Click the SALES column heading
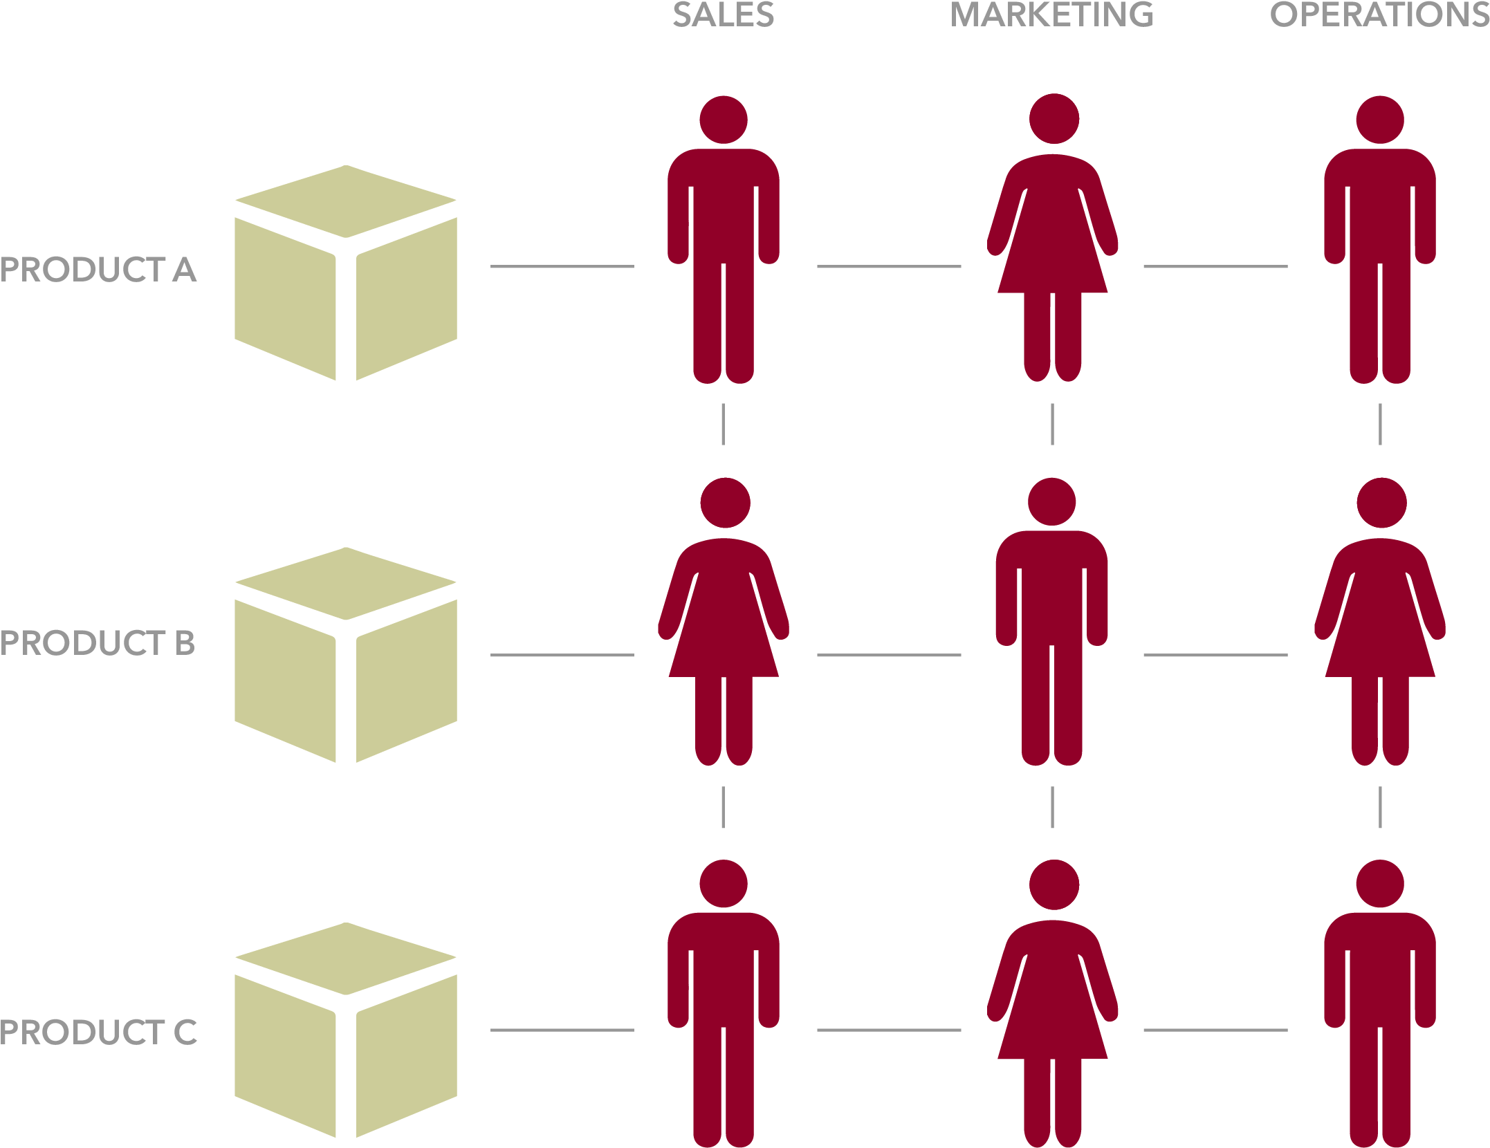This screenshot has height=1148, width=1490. click(x=723, y=15)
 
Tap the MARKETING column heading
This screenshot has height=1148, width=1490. click(x=1051, y=15)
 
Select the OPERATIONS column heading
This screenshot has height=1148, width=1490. click(x=1379, y=15)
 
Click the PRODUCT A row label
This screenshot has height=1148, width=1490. click(x=98, y=270)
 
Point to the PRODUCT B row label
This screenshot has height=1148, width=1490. click(x=98, y=643)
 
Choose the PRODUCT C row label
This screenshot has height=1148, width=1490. click(x=98, y=1033)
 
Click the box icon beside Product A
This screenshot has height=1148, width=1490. click(x=346, y=273)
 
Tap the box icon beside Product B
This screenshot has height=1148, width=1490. click(x=346, y=655)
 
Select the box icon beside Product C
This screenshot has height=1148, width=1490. click(x=346, y=1030)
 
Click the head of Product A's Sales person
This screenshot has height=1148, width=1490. click(x=724, y=120)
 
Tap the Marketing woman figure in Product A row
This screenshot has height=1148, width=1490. click(x=1053, y=242)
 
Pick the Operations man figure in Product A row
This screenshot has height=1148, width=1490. click(x=1380, y=242)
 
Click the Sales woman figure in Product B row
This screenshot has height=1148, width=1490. click(x=724, y=622)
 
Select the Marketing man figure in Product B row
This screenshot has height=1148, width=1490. click(x=1051, y=622)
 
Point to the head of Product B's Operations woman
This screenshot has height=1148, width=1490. click(x=1381, y=503)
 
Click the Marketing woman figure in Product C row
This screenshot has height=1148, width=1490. click(x=1053, y=1003)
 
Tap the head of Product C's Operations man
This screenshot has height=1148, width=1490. click(x=1380, y=884)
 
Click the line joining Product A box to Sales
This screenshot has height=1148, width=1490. click(x=562, y=266)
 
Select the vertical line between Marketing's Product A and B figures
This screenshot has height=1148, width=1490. click(x=1052, y=425)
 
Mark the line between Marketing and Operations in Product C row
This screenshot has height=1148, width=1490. click(x=1215, y=1030)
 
